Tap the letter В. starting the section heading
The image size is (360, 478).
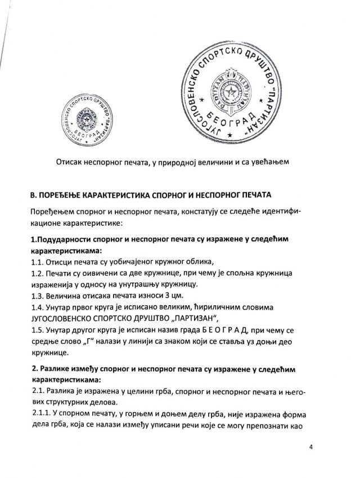click(33, 195)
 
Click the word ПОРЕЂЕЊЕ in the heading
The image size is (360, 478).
click(63, 195)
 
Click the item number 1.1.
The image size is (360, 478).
click(37, 262)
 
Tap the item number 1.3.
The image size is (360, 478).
click(37, 297)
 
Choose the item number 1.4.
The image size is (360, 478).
click(37, 309)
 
